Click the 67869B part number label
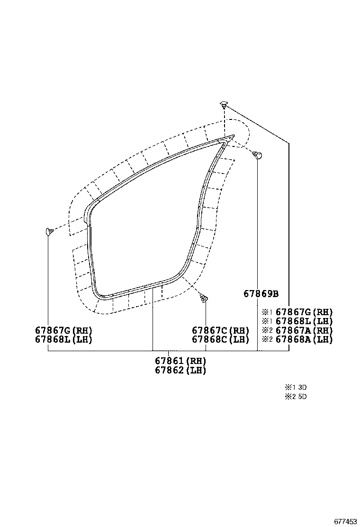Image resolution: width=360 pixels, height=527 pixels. tap(261, 293)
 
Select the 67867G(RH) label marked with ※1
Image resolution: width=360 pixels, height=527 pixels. tap(304, 312)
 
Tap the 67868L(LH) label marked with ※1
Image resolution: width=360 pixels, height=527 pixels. tap(304, 321)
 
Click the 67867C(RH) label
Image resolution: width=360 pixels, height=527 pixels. tap(220, 330)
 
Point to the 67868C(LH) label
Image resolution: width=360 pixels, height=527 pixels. tap(220, 339)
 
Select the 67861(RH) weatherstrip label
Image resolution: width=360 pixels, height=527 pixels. tap(180, 361)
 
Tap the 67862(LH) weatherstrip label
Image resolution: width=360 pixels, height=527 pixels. tap(180, 370)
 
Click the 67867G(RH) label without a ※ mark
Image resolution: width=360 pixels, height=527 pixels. tap(63, 330)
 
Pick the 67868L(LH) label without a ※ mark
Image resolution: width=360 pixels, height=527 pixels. tap(63, 339)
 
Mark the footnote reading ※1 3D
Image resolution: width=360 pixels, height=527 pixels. tap(296, 387)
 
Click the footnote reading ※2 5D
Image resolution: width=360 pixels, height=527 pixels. tap(296, 397)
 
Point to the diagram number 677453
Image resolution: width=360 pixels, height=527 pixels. tap(345, 521)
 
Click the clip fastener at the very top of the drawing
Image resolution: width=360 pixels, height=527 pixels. tap(224, 104)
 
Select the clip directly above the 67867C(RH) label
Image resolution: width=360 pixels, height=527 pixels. tap(204, 298)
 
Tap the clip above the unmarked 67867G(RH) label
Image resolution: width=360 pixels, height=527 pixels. tap(48, 231)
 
